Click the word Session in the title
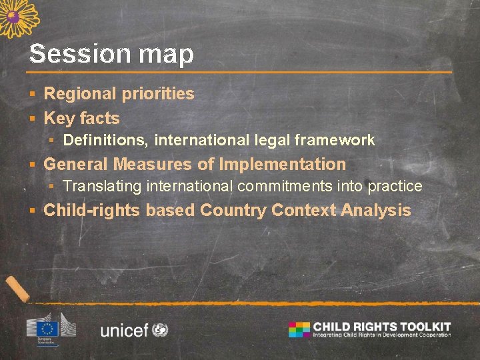click(73, 54)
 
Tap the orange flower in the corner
click(17, 17)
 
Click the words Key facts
click(81, 119)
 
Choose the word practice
click(395, 186)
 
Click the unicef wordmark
click(124, 330)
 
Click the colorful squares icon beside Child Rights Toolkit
click(299, 329)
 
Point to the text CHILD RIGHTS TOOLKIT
click(382, 327)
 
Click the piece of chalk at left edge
click(17, 289)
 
